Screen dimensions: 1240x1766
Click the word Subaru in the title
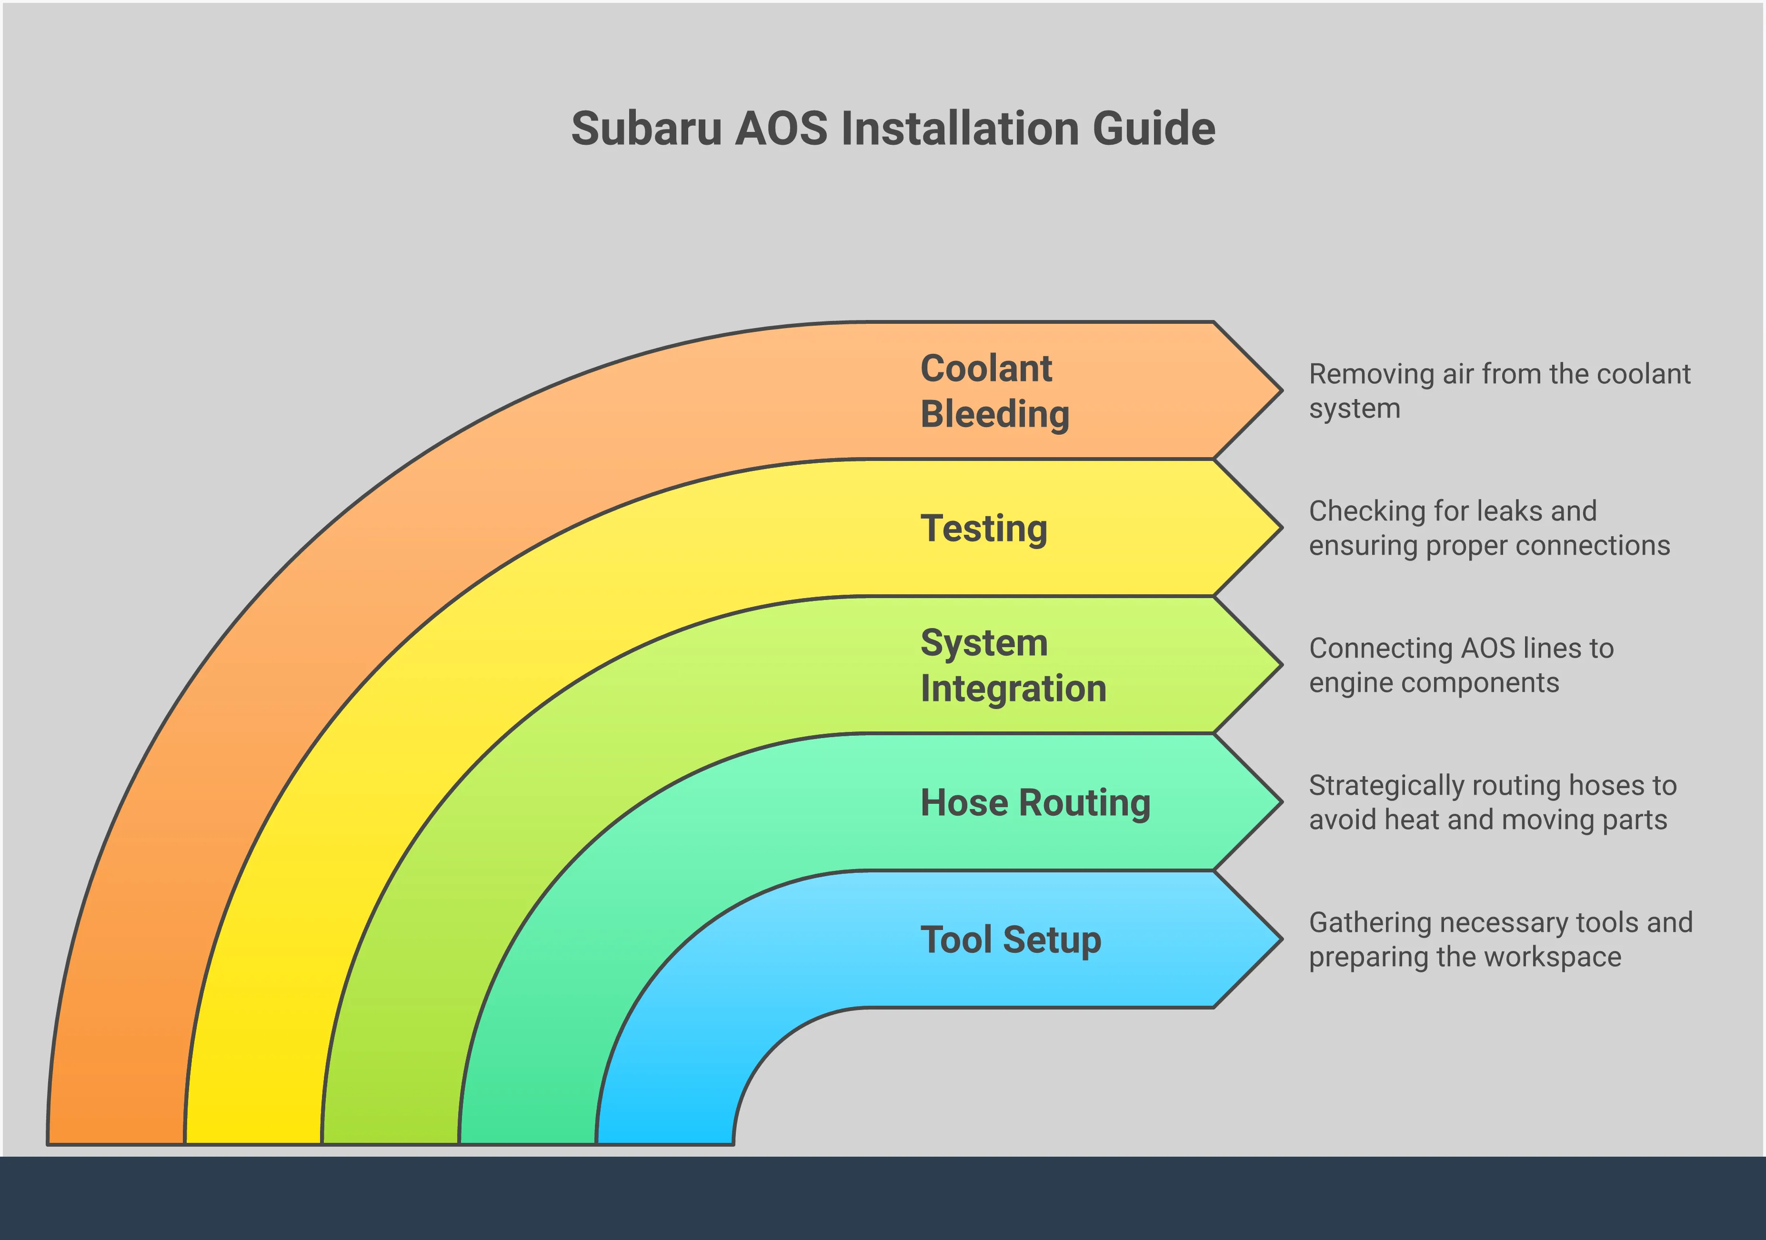tap(646, 129)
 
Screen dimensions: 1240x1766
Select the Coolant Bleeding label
tap(994, 391)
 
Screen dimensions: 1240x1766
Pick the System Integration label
tap(1012, 665)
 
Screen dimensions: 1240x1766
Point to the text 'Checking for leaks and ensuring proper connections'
tap(1489, 529)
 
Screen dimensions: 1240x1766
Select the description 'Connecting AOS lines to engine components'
tap(1461, 665)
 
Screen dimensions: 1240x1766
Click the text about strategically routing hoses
tap(1492, 802)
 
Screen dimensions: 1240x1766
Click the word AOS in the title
tap(782, 129)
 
